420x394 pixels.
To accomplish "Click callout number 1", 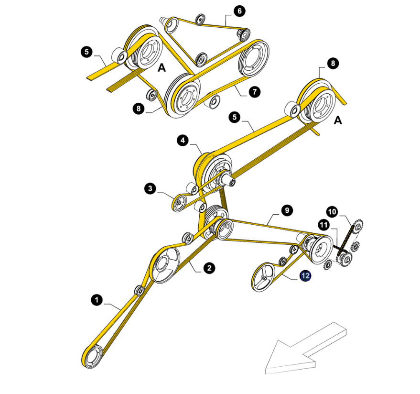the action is coord(97,300).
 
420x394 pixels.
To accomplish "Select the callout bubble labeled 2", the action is coord(209,268).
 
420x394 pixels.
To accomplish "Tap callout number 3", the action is coord(150,188).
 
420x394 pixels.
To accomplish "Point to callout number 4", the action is coord(183,141).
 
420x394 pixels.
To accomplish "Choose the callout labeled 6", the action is coord(239,11).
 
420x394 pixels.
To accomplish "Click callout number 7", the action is coord(255,92).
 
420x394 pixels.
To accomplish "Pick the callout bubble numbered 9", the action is coord(287,210).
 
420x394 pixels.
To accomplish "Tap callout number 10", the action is coord(332,212).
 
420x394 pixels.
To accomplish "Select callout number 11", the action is coord(323,225).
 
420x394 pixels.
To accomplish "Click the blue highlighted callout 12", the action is coord(305,276).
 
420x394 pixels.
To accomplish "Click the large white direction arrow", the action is coord(306,349).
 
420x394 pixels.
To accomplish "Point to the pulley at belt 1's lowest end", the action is coord(93,357).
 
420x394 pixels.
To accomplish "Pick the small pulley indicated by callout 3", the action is coord(180,203).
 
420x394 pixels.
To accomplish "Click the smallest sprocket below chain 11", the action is coord(328,265).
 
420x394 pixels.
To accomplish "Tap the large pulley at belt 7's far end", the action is coord(253,58).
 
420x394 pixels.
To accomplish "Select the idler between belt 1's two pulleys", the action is coord(140,291).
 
